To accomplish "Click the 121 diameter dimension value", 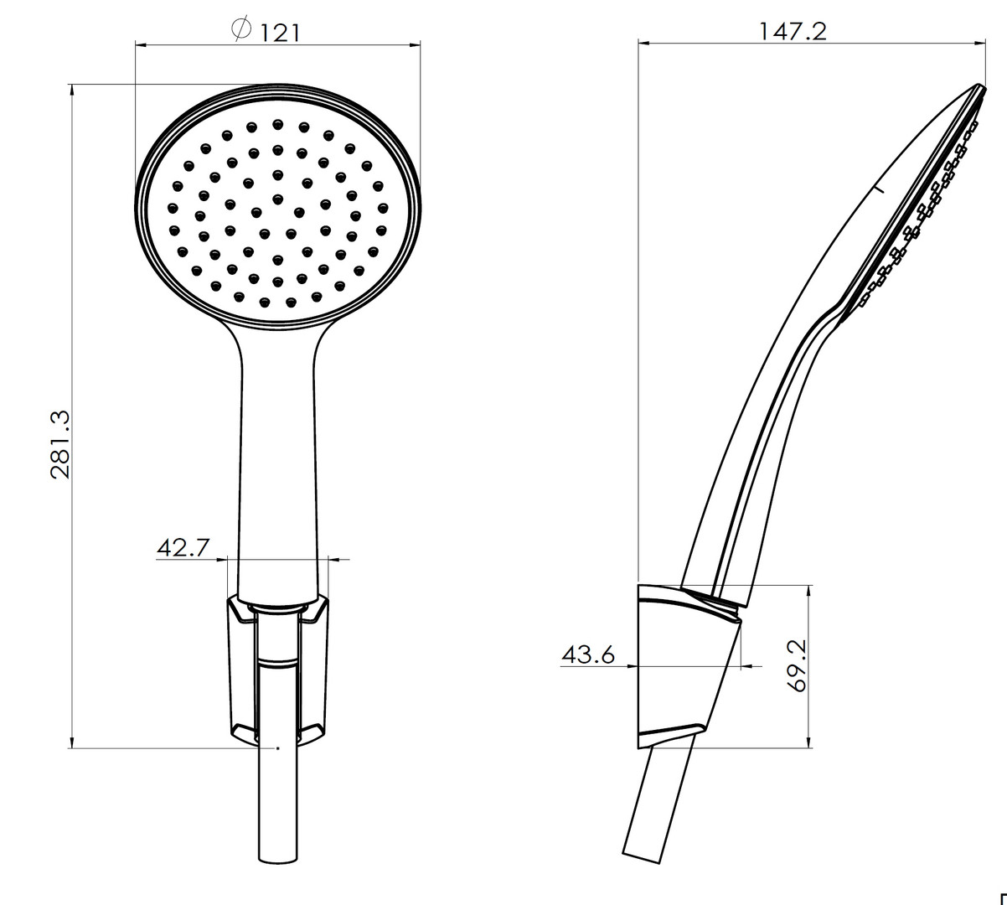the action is click(x=281, y=34).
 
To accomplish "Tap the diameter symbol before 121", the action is click(x=241, y=28).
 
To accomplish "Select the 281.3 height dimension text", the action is click(x=60, y=445).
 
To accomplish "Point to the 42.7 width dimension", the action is click(x=183, y=547).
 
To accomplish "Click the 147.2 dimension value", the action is click(x=793, y=31).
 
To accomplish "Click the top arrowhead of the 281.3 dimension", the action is click(x=72, y=90).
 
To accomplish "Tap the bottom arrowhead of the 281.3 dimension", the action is click(x=72, y=742).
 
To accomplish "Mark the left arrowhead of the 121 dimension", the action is click(x=142, y=45).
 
